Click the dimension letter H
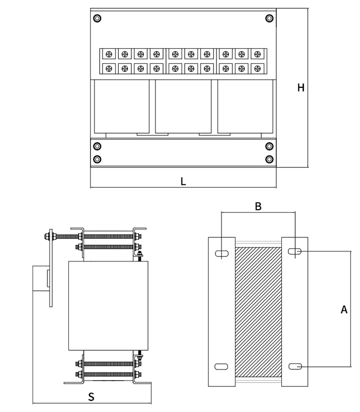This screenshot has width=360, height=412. coord(301,88)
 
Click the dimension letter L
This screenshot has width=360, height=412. coord(183,181)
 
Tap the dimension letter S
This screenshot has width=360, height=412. coord(91,397)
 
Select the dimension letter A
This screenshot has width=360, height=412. coord(344,310)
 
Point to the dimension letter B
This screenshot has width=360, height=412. coord(258,207)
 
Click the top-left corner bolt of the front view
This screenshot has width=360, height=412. coord(97,18)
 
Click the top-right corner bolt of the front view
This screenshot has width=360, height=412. coord(269,18)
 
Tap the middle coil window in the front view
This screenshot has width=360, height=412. coord(183,106)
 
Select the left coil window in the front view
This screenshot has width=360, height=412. coord(122,106)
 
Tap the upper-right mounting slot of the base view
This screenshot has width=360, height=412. coord(295,252)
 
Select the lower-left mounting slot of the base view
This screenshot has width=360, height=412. coord(221,366)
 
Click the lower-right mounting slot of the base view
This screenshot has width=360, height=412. coord(295,366)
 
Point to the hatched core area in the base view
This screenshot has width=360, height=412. coord(258,311)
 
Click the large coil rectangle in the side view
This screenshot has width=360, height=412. coord(108,306)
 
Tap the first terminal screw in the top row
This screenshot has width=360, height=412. coord(109,54)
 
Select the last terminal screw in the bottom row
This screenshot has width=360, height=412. coord(256,68)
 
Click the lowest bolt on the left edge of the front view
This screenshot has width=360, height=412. coord(97,159)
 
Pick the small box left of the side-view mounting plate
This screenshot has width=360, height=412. coord(41,278)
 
